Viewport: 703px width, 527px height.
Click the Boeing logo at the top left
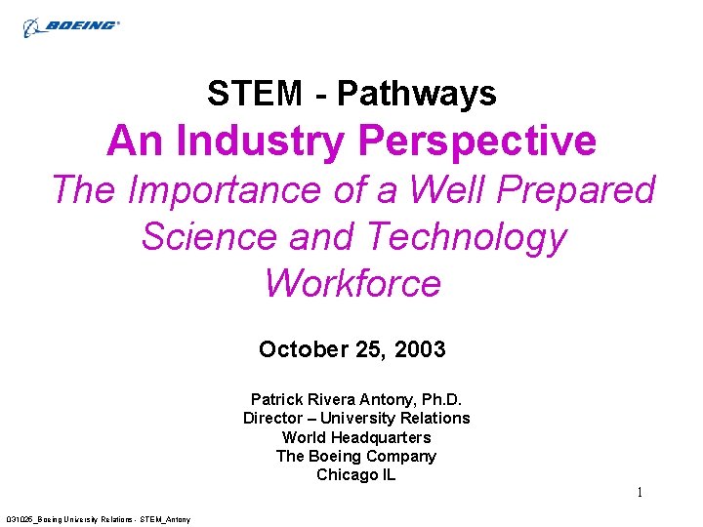71,25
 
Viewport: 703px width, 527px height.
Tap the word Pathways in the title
417,94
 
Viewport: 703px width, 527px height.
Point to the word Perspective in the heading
477,141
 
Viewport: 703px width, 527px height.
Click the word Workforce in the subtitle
352,283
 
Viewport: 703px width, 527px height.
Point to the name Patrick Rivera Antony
327,399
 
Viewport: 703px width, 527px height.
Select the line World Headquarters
356,437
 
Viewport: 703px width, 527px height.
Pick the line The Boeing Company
356,456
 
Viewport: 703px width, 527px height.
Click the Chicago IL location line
356,474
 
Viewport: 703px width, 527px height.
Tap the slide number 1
640,492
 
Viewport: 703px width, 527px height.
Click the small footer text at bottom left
99,518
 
